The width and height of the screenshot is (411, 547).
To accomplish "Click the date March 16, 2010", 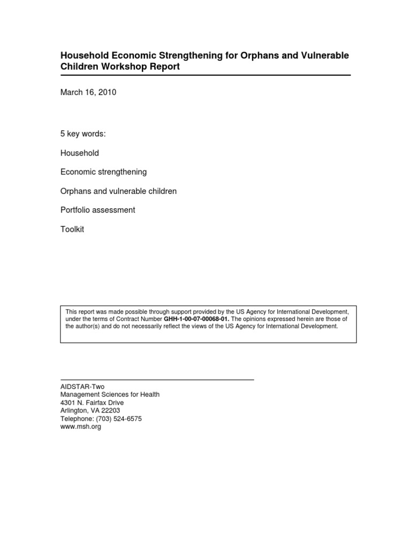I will [88, 92].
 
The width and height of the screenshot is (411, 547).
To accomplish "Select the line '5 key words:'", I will [83, 134].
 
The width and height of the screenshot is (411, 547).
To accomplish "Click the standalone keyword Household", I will [80, 153].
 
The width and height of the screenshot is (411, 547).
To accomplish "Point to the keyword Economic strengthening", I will [104, 172].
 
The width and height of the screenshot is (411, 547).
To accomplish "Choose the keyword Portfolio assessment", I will [98, 210].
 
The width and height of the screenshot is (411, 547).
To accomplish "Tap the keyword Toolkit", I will [72, 229].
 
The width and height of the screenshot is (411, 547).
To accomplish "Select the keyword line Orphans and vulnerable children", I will [119, 191].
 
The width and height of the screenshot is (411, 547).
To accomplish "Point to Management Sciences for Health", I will [110, 395].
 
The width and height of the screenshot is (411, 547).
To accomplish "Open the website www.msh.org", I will [81, 427].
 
